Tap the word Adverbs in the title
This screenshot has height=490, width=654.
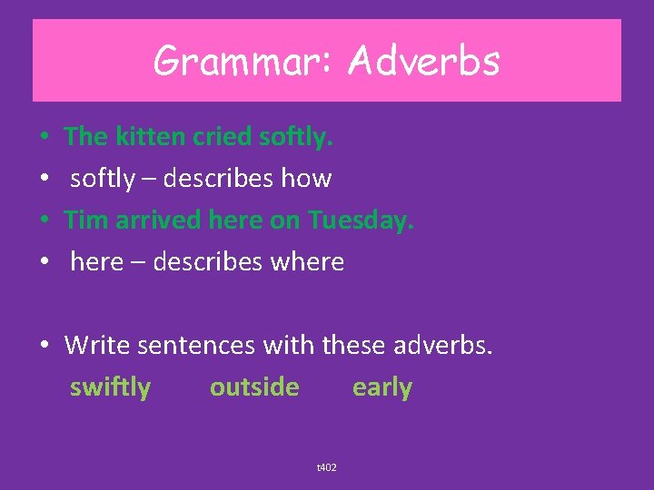click(x=424, y=62)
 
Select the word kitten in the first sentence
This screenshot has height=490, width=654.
click(x=150, y=137)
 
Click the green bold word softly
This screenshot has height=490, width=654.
click(x=296, y=137)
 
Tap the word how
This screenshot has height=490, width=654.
click(x=306, y=179)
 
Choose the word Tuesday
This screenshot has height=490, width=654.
click(x=360, y=220)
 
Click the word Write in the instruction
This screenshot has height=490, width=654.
click(x=97, y=346)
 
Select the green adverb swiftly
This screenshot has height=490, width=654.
click(x=110, y=387)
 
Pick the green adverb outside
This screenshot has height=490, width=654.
click(x=254, y=387)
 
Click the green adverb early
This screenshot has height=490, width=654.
click(x=382, y=387)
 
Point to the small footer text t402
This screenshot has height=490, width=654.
click(x=326, y=467)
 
